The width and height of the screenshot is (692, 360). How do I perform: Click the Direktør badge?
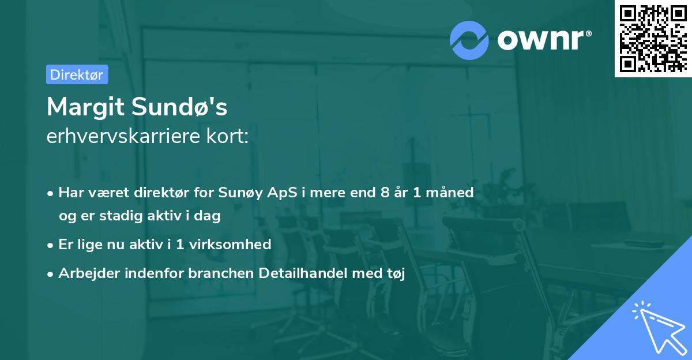click(x=77, y=74)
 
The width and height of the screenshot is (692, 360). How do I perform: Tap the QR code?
click(x=653, y=39)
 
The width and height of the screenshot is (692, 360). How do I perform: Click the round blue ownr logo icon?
click(x=469, y=40)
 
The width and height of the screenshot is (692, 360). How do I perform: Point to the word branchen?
click(x=219, y=273)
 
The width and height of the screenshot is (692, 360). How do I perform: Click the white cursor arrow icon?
click(x=657, y=326)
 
